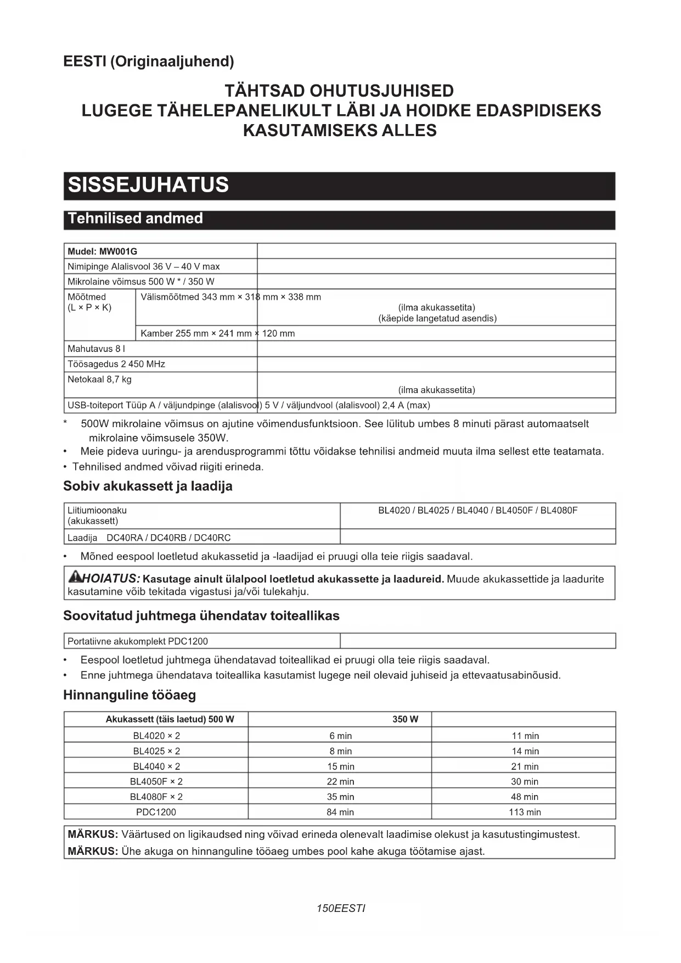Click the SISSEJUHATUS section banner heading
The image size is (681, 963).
pos(148,185)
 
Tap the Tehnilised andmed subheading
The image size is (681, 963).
pos(135,219)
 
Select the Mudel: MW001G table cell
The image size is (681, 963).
pos(103,251)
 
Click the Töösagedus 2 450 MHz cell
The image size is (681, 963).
pos(116,364)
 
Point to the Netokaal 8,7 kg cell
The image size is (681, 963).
pos(100,379)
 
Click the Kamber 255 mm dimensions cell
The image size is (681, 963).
pos(217,333)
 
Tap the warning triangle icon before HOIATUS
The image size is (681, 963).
pos(75,576)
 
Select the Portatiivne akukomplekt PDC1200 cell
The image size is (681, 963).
pos(138,641)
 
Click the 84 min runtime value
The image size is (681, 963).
pos(340,812)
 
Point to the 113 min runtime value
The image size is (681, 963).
pos(525,812)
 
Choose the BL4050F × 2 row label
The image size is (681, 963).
pos(156,781)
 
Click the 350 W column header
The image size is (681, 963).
pos(405,719)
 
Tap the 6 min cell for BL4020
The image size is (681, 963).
pos(340,736)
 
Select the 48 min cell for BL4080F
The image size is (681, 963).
pos(525,797)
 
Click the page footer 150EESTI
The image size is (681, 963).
pos(340,908)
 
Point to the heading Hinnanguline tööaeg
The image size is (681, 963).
pos(130,695)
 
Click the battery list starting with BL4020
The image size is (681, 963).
pos(477,511)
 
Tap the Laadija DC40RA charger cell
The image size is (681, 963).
pos(149,538)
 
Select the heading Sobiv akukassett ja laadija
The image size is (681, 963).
pos(148,486)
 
